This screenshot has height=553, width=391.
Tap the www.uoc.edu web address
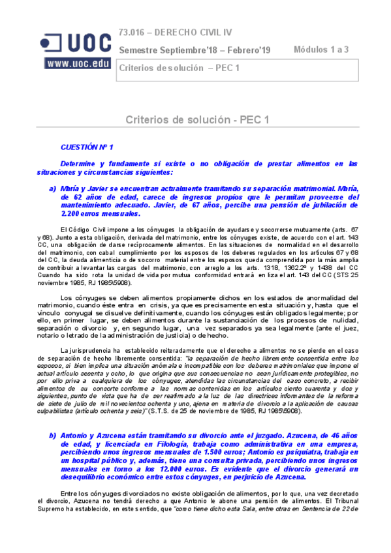[77, 64]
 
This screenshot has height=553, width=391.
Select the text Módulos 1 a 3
[321, 50]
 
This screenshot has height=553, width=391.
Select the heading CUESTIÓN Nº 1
[87, 148]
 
